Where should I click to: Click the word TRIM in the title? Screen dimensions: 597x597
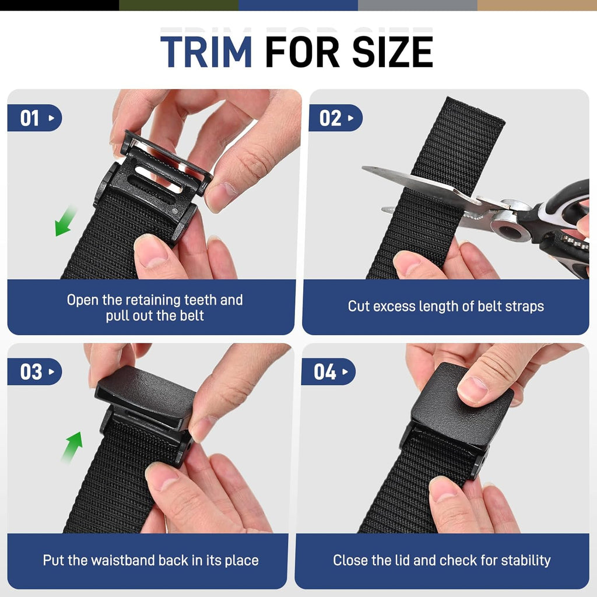click(x=206, y=52)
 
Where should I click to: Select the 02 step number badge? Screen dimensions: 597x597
click(x=335, y=118)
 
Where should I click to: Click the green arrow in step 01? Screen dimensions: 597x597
click(x=66, y=221)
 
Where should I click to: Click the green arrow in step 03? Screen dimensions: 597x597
click(x=73, y=445)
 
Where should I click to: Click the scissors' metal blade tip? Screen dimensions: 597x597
click(x=367, y=170)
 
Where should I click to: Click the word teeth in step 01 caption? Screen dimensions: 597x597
click(x=202, y=300)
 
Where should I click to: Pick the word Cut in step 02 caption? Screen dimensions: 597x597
click(x=359, y=306)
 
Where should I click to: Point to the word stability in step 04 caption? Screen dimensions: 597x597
click(x=524, y=561)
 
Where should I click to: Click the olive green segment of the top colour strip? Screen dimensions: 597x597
click(x=178, y=5)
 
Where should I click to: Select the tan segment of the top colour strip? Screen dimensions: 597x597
click(x=536, y=5)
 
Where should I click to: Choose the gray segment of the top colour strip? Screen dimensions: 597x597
click(x=417, y=5)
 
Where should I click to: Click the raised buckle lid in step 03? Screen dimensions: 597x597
click(x=146, y=394)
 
